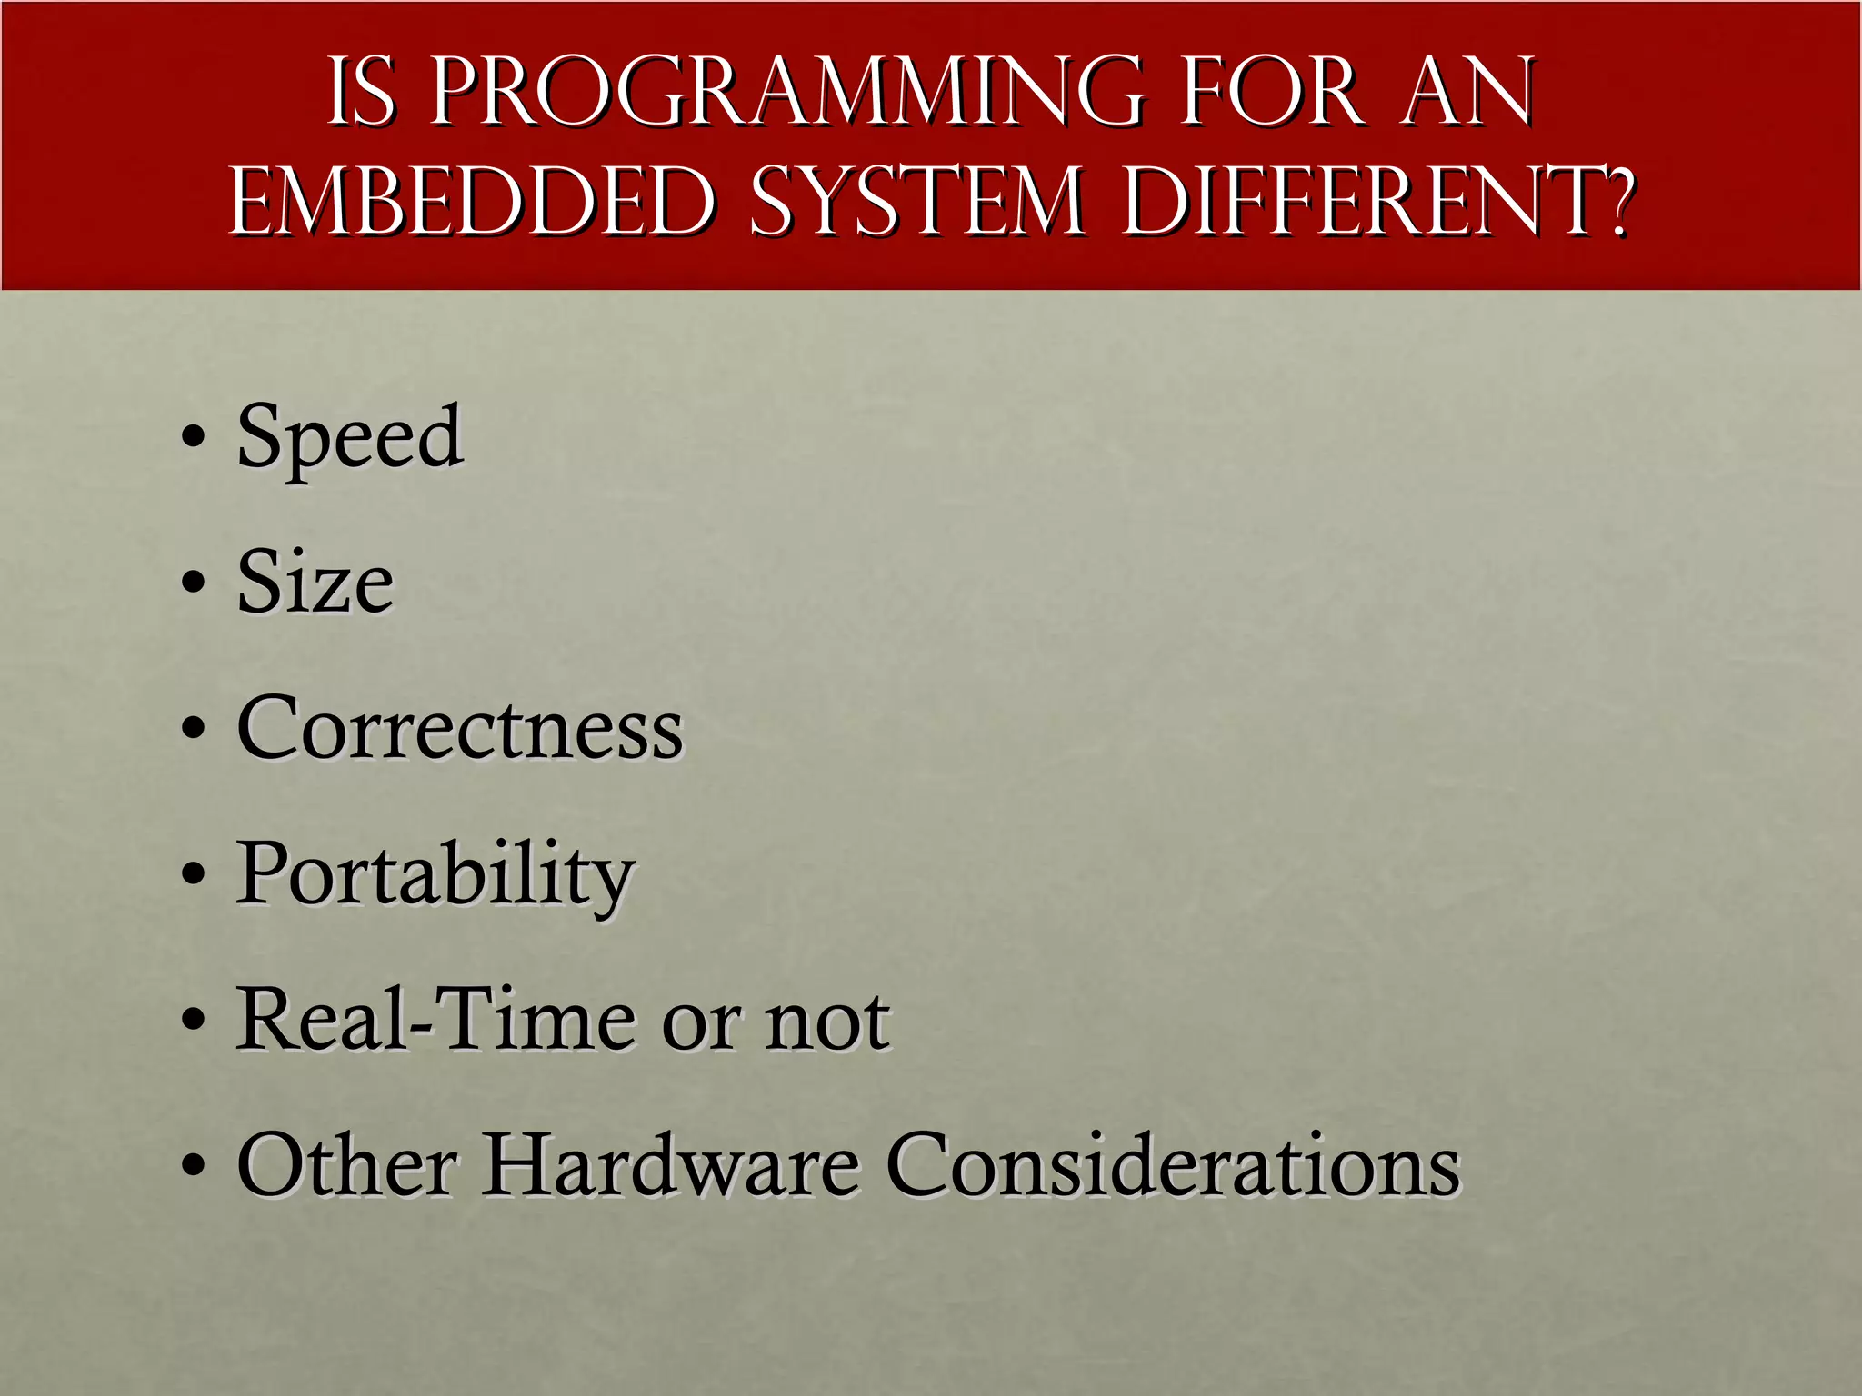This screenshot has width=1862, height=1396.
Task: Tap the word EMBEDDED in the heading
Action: pos(474,201)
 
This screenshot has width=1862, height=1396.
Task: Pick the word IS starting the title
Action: pos(362,92)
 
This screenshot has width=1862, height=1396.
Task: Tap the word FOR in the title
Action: pos(1273,92)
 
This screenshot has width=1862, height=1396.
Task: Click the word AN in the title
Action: pos(1467,92)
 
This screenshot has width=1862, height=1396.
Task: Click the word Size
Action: pos(315,582)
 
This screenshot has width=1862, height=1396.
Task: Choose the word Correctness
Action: pos(459,728)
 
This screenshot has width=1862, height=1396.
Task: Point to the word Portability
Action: pos(435,874)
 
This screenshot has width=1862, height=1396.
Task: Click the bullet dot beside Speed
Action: pos(193,436)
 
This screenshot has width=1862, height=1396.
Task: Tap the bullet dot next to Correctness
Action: pos(193,728)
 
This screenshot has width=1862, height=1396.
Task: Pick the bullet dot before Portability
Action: pos(193,874)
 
